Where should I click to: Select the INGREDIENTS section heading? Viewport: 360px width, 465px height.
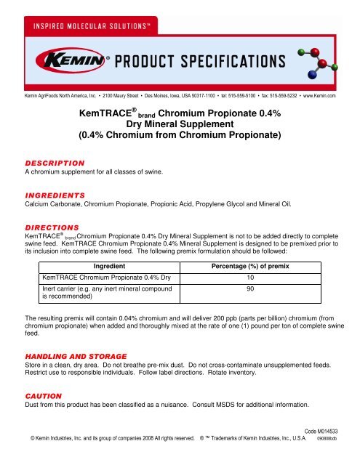(x=55, y=195)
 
